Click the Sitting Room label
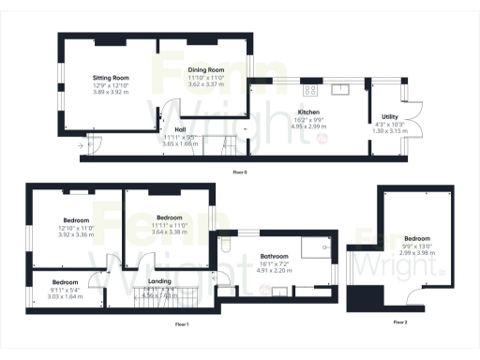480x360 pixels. tap(110, 78)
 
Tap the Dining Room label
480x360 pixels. tap(205, 69)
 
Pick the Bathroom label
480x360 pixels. tap(275, 256)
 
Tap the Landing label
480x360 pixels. tap(159, 281)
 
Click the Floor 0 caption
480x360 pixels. tap(240, 172)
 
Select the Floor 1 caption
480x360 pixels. tap(182, 323)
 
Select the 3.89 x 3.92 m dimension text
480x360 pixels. tap(110, 92)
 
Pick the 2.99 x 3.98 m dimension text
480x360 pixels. tap(415, 252)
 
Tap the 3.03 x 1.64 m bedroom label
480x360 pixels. tap(65, 296)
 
